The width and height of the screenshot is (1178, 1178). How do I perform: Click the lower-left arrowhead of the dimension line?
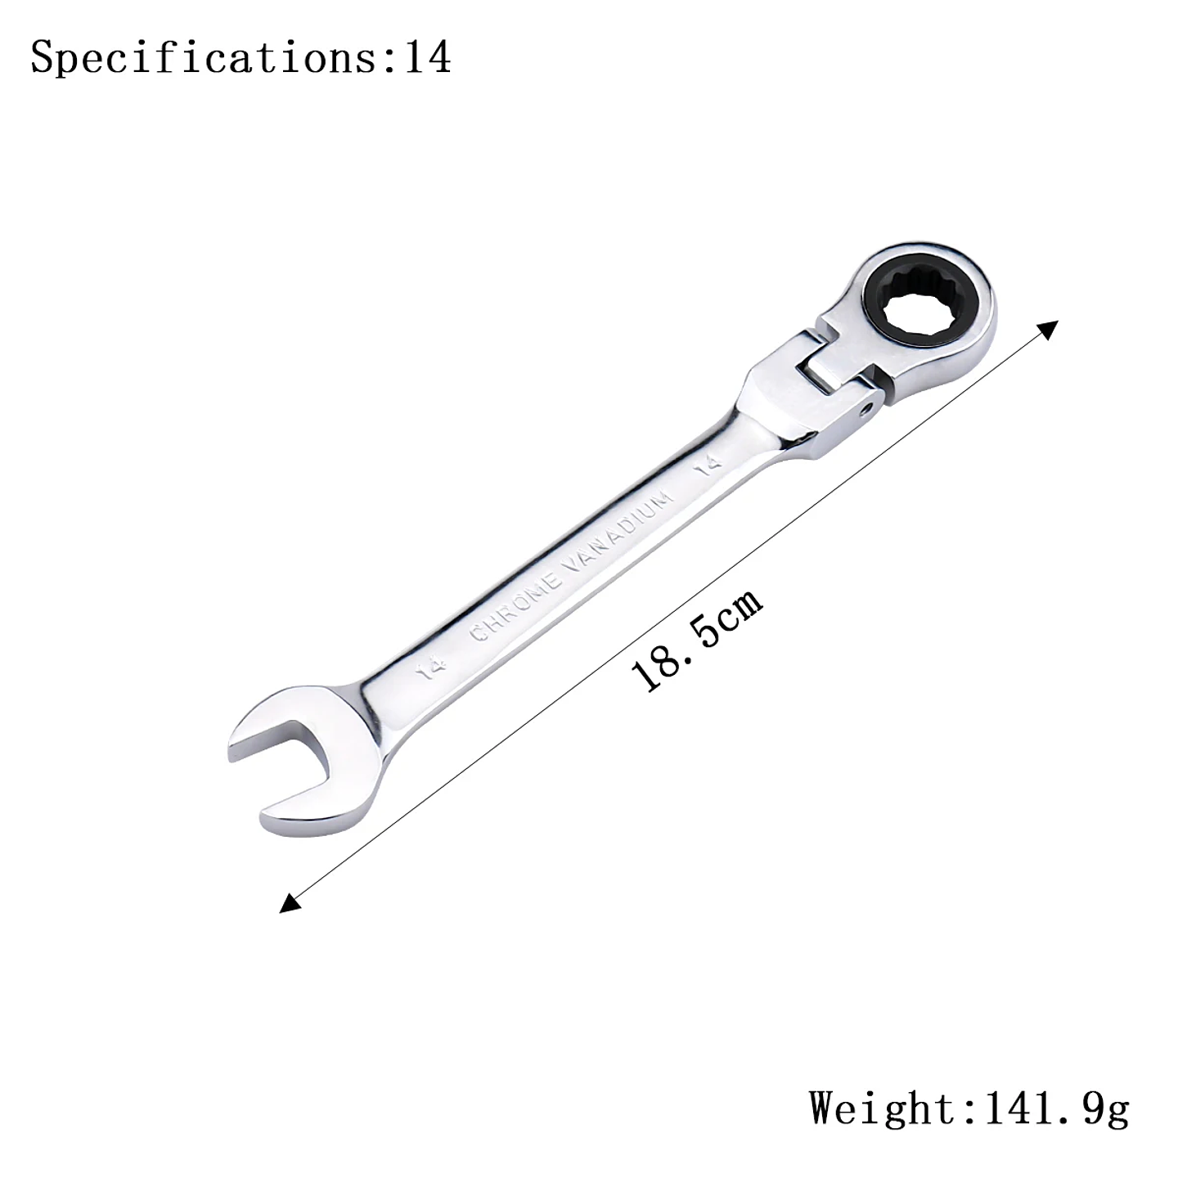tap(289, 902)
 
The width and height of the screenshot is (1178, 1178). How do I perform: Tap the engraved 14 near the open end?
tap(431, 668)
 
